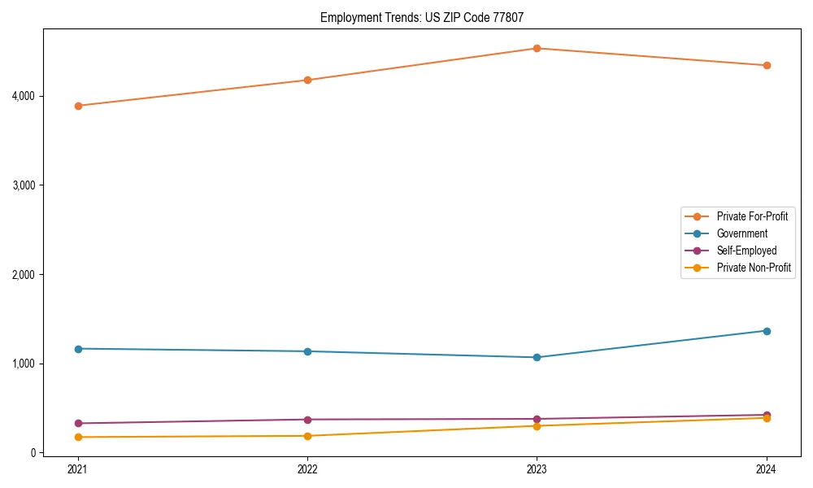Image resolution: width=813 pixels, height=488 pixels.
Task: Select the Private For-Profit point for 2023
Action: (x=537, y=48)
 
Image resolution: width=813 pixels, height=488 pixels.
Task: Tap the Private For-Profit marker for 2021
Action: (x=78, y=106)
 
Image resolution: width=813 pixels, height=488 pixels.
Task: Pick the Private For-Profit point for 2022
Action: (x=307, y=80)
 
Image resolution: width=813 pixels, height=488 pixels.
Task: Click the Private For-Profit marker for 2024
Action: (x=767, y=65)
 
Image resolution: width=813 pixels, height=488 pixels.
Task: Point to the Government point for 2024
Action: (x=767, y=331)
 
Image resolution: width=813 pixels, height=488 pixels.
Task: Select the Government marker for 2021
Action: (x=78, y=349)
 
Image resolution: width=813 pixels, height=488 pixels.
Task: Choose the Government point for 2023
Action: (x=537, y=357)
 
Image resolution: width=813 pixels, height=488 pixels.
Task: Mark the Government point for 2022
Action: (x=307, y=351)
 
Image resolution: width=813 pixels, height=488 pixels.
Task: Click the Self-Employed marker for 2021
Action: (x=78, y=423)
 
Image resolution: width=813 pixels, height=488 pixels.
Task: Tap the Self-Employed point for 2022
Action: (x=307, y=420)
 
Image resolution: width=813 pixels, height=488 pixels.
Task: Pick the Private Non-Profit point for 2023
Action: (x=537, y=426)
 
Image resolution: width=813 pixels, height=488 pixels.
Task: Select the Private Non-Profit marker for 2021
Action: (x=78, y=438)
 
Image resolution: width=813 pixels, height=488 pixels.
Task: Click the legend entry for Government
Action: (x=741, y=233)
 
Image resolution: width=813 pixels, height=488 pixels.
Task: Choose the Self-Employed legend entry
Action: (x=746, y=251)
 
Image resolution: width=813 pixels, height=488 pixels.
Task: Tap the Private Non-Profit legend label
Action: (x=754, y=268)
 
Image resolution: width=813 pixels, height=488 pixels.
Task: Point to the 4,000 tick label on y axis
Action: (x=24, y=96)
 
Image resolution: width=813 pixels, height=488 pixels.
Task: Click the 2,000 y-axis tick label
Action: (x=24, y=275)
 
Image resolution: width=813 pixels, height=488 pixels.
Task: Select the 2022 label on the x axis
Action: (x=307, y=468)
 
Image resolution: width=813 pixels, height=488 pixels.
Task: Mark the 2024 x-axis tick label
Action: (x=767, y=468)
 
